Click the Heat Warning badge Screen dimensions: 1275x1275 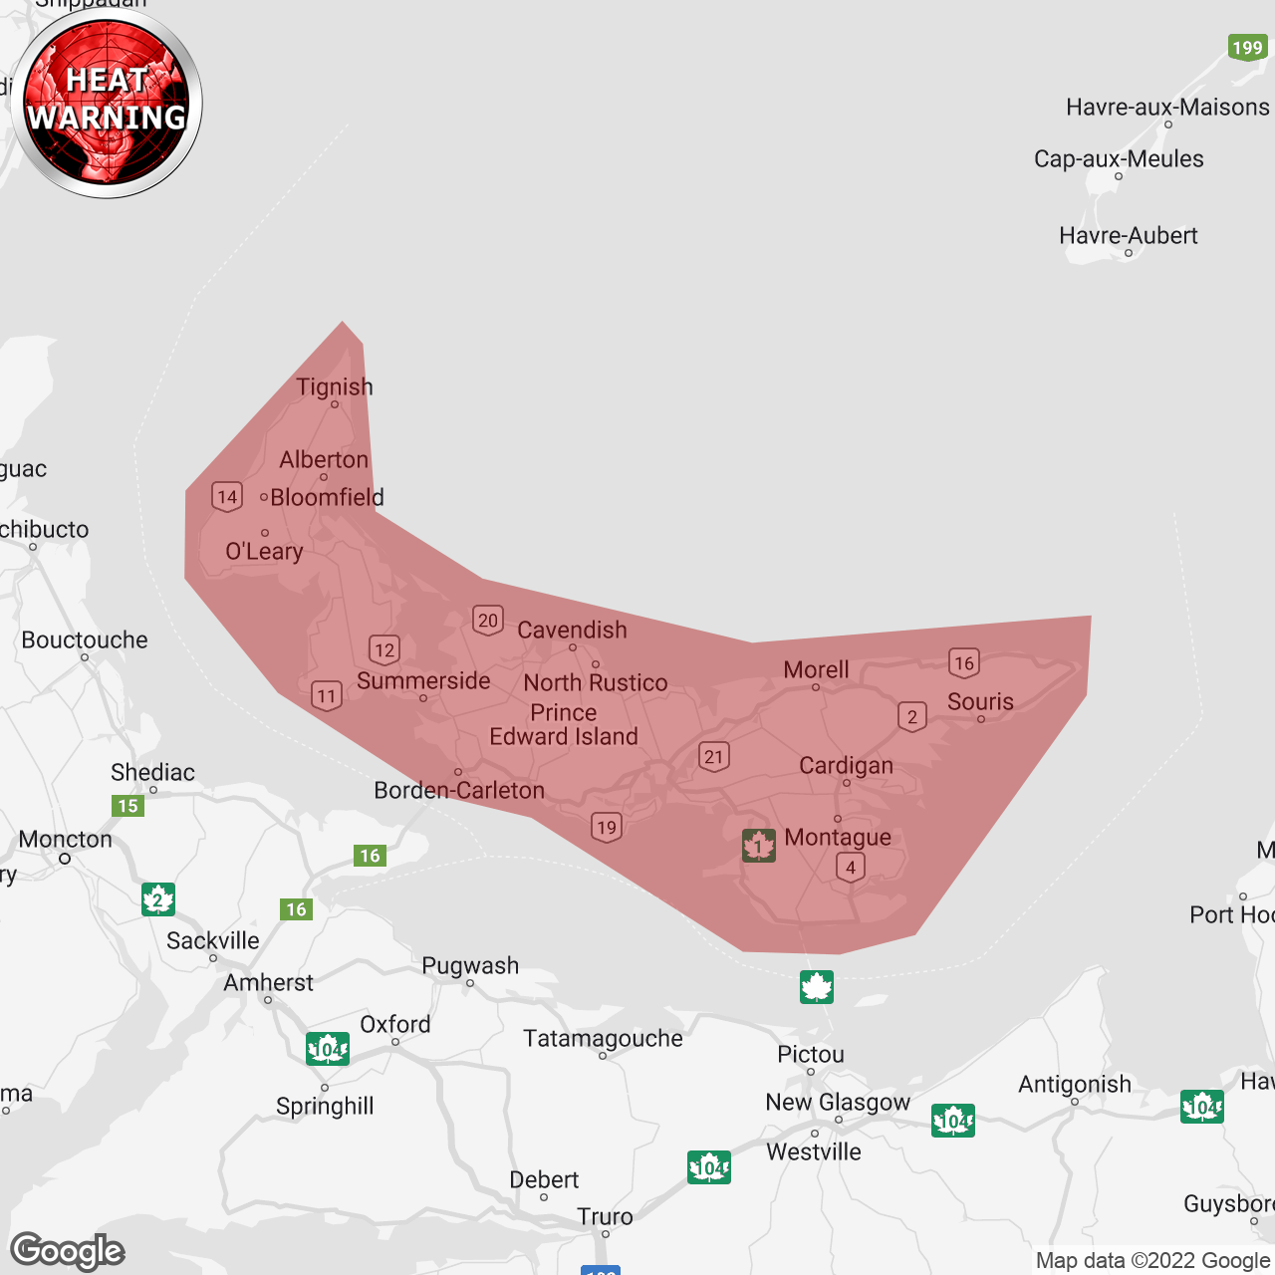107,103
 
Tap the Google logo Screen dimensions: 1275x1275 68,1251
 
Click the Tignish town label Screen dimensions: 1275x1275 335,387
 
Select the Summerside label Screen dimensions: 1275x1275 423,681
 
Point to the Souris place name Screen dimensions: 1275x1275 980,702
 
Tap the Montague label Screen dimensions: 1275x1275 838,838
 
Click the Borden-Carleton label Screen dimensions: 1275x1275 459,791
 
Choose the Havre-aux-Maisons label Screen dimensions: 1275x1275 1167,108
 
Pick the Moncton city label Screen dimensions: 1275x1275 66,840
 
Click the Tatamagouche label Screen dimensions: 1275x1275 604,1039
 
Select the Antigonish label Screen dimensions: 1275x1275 1075,1085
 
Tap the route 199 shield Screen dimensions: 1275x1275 1247,48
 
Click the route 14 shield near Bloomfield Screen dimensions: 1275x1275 227,497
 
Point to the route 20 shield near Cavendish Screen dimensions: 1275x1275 488,621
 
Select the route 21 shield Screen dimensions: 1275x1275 713,756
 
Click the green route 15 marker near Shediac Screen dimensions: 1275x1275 128,806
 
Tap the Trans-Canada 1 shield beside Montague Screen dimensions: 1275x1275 759,846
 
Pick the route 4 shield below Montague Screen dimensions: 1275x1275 851,868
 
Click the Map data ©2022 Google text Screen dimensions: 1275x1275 1152,1261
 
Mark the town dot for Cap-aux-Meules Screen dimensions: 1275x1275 1119,176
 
